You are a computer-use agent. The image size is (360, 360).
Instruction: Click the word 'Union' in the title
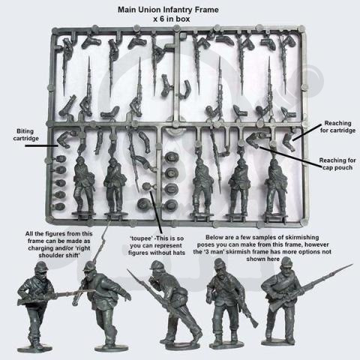tap(148, 10)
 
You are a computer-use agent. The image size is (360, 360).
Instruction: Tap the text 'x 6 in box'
tap(172, 19)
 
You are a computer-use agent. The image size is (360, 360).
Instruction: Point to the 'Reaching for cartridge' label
tap(337, 127)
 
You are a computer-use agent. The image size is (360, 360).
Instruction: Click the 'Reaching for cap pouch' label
tap(337, 163)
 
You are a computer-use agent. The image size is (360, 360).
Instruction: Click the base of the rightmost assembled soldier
tap(280, 341)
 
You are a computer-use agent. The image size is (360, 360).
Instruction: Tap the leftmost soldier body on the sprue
tap(84, 185)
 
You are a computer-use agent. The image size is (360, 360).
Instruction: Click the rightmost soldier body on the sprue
tap(276, 186)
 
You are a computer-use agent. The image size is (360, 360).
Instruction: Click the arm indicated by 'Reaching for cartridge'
tap(289, 141)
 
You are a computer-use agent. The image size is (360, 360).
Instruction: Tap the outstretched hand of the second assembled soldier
tap(128, 297)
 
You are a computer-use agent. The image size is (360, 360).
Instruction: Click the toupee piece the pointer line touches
tap(146, 186)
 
